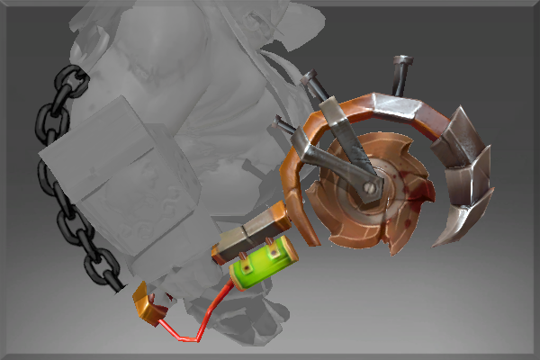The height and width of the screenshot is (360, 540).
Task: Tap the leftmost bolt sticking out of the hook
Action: (284, 125)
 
